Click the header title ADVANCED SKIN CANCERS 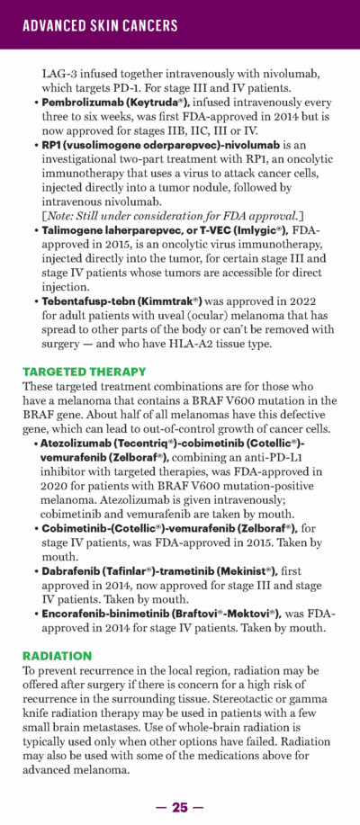[x=100, y=25]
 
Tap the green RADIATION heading [x=57, y=657]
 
